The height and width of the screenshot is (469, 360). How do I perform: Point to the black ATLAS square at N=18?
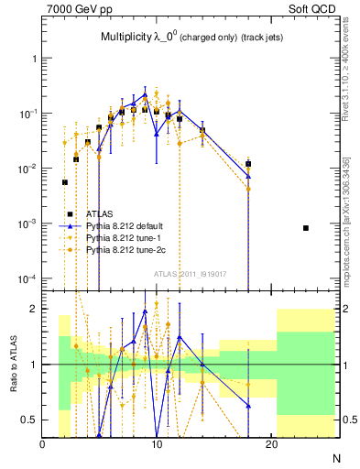(x=248, y=164)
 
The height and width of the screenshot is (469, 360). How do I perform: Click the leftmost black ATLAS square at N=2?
(x=64, y=182)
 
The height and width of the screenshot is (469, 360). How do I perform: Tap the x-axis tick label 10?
(x=157, y=445)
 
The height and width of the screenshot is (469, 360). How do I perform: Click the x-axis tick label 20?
(x=271, y=445)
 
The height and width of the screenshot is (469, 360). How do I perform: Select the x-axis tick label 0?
(x=42, y=445)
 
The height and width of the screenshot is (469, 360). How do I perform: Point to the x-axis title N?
(x=335, y=457)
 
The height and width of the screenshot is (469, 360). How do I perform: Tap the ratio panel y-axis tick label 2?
(x=33, y=309)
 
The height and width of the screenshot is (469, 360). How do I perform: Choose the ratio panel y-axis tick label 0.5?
(x=28, y=420)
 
